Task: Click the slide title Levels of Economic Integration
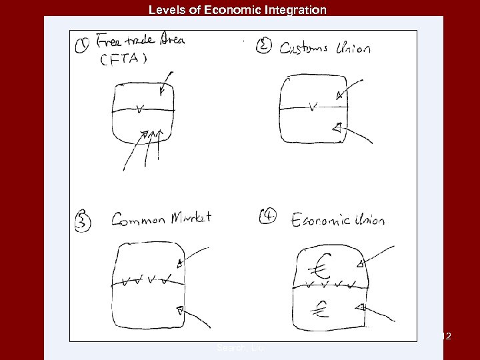point(237,10)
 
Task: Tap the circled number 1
point(82,47)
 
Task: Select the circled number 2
point(263,47)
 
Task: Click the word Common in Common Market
point(137,219)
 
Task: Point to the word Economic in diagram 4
point(320,219)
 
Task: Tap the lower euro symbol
point(322,307)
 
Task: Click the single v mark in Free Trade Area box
point(139,107)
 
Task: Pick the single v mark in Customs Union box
point(313,105)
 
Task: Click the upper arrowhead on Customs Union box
point(341,95)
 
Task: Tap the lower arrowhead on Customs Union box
point(337,127)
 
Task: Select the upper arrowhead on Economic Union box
point(360,265)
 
